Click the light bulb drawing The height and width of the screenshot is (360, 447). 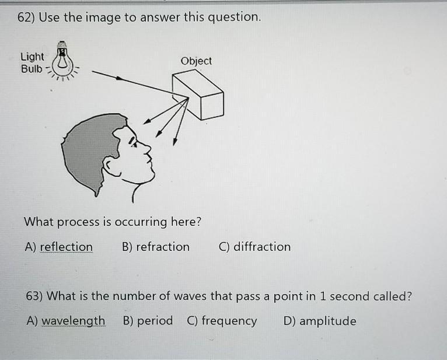pyautogui.click(x=62, y=61)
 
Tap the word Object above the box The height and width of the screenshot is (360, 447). pyautogui.click(x=196, y=61)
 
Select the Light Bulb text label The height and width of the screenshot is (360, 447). pyautogui.click(x=32, y=62)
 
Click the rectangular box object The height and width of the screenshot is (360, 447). pyautogui.click(x=198, y=95)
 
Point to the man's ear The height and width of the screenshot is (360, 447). pyautogui.click(x=110, y=166)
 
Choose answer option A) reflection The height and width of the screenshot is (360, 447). pyautogui.click(x=59, y=247)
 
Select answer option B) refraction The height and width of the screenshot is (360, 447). pyautogui.click(x=156, y=247)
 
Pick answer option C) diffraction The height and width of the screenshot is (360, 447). pyautogui.click(x=254, y=247)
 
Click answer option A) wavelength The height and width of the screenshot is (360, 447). pyautogui.click(x=66, y=321)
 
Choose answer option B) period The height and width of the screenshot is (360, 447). pyautogui.click(x=148, y=321)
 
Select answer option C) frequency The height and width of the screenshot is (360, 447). pyautogui.click(x=222, y=321)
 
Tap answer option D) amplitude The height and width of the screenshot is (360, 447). pyautogui.click(x=320, y=321)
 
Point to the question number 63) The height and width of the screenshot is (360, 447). pyautogui.click(x=34, y=296)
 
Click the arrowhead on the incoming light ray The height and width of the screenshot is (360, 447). pyautogui.click(x=120, y=78)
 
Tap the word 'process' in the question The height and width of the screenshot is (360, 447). pyautogui.click(x=78, y=222)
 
